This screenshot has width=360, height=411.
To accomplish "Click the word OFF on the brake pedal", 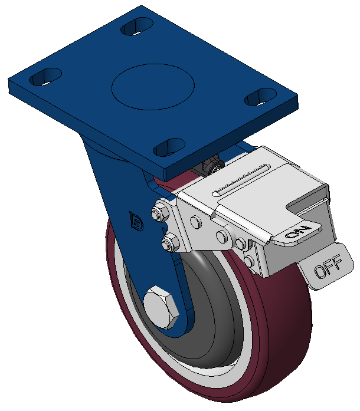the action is [x=328, y=266].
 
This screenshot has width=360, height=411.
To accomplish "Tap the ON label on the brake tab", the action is [x=298, y=231].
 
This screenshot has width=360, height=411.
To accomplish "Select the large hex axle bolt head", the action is [x=161, y=307].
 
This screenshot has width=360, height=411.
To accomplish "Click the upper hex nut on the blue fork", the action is [x=161, y=212].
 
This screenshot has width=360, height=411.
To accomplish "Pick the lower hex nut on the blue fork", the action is [x=170, y=242].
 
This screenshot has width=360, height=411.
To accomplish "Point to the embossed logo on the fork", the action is [x=136, y=222].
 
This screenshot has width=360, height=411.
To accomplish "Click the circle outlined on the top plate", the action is [x=153, y=87].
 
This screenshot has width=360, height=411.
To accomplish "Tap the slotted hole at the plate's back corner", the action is [x=137, y=26].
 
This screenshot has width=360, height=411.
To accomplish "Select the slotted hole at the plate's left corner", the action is [x=45, y=77].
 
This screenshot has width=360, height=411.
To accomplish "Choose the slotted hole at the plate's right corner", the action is [x=260, y=97].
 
